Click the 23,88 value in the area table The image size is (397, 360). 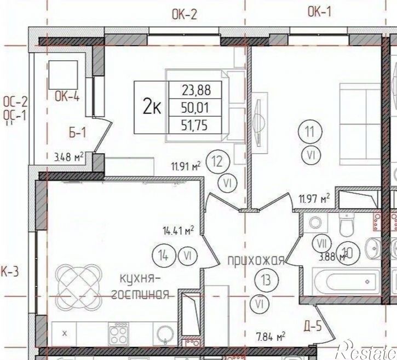pyautogui.click(x=194, y=90)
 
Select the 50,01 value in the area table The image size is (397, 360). pyautogui.click(x=194, y=107)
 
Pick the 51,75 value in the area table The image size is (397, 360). pyautogui.click(x=194, y=125)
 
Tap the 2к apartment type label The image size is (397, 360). pyautogui.click(x=152, y=107)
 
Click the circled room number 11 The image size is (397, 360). pyautogui.click(x=310, y=132)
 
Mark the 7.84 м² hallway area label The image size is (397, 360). pyautogui.click(x=269, y=336)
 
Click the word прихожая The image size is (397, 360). pyautogui.click(x=256, y=261)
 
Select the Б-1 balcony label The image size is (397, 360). pyautogui.click(x=78, y=132)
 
